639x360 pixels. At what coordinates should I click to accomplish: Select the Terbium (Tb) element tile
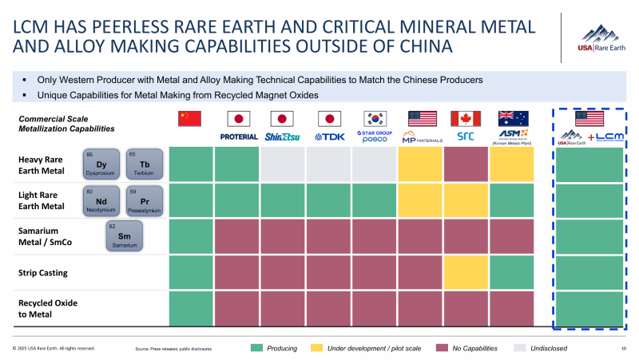tap(138, 162)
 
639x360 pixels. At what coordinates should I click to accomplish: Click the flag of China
tap(190, 119)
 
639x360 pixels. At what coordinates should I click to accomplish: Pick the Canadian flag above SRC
tap(466, 119)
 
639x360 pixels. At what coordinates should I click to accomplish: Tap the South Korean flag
tap(375, 119)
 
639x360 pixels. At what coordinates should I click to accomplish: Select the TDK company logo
tap(329, 136)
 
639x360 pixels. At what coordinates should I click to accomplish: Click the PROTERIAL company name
tap(238, 136)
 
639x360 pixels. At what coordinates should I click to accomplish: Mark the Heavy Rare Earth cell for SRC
tap(466, 164)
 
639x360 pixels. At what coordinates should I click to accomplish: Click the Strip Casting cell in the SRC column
tap(466, 273)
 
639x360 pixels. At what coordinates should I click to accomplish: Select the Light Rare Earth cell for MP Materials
tap(420, 200)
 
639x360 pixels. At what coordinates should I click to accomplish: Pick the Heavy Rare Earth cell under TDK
tap(329, 164)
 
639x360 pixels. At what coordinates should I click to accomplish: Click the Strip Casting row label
tap(43, 273)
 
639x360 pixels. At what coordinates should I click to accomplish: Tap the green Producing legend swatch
tap(256, 348)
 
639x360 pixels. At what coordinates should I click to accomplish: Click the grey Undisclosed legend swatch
tap(519, 348)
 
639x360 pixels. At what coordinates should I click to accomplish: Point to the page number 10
tap(622, 349)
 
